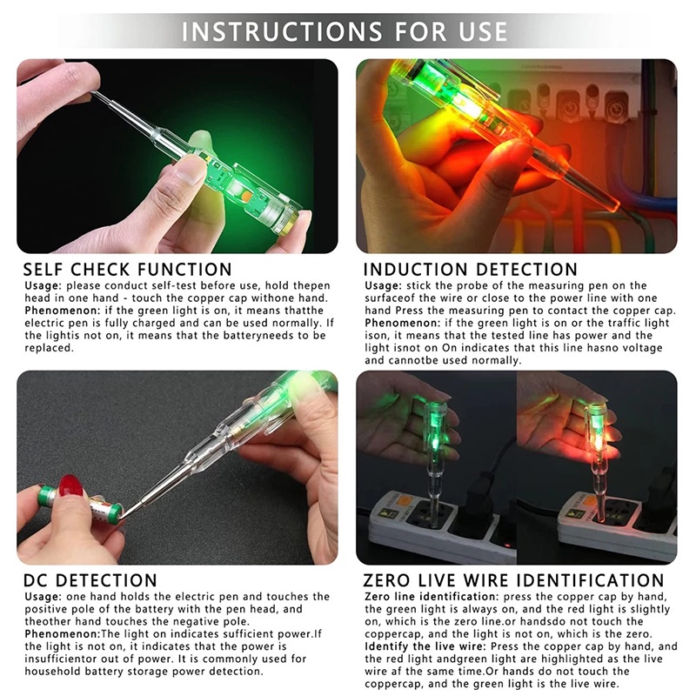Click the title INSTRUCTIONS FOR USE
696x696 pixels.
[x=344, y=31]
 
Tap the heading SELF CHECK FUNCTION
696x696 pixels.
[x=127, y=270]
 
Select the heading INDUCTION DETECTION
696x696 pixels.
[x=471, y=270]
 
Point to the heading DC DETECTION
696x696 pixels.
[x=90, y=580]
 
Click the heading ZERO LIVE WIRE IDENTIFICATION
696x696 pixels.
[x=513, y=580]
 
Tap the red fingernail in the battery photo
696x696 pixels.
[x=71, y=485]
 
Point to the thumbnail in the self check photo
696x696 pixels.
[x=191, y=170]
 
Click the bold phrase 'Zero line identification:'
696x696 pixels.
[x=432, y=597]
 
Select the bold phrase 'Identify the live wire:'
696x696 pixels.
[x=425, y=646]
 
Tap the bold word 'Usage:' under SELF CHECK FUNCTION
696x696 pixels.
[x=43, y=286]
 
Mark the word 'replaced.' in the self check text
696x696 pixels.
[x=49, y=348]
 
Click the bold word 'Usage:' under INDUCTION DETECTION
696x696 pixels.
[x=384, y=286]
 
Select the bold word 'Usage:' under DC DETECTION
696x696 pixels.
[x=43, y=597]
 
